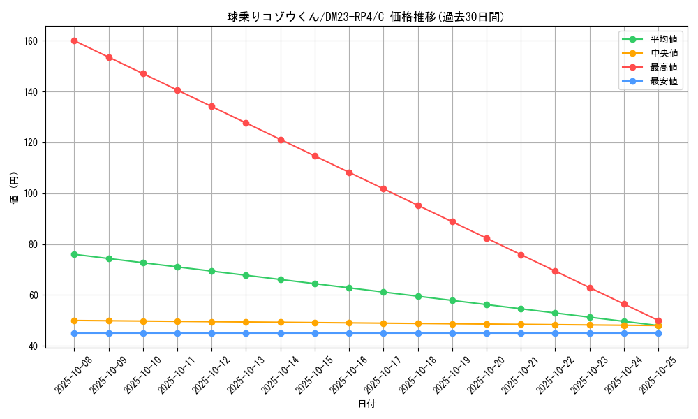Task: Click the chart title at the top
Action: click(366, 17)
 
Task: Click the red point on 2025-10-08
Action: click(74, 41)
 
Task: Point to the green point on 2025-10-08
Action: click(74, 254)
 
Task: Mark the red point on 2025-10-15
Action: click(315, 156)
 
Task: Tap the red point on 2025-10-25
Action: click(658, 321)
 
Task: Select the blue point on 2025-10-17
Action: click(383, 333)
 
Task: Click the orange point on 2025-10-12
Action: click(211, 322)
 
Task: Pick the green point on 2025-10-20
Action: click(487, 304)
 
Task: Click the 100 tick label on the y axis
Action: click(31, 193)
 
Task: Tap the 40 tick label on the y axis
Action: click(34, 346)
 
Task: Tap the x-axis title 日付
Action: click(366, 404)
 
